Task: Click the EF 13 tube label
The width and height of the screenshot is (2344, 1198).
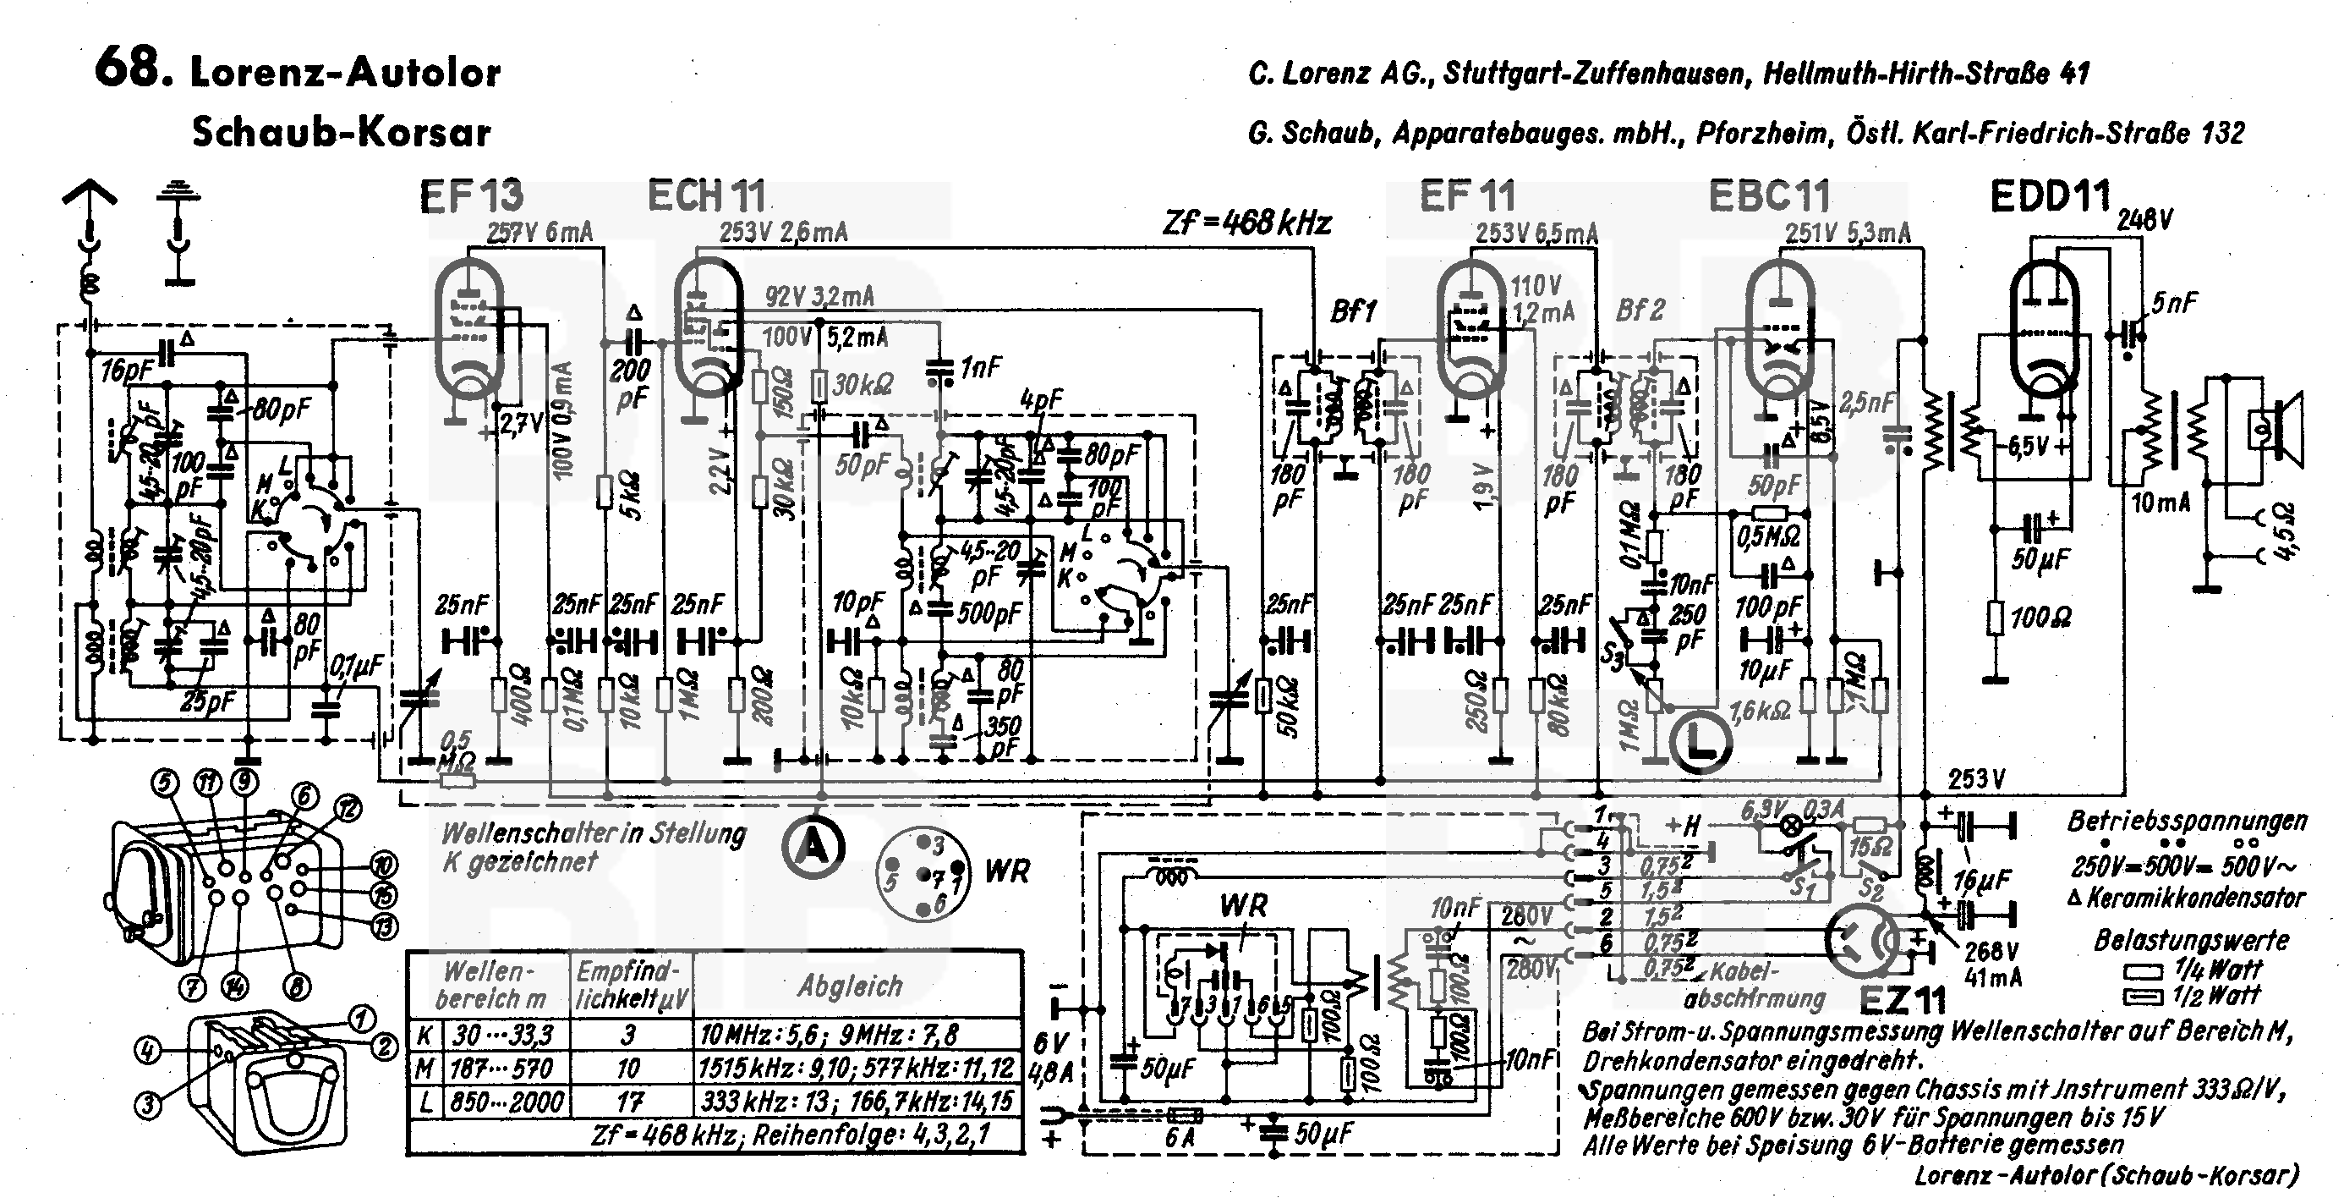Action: (471, 195)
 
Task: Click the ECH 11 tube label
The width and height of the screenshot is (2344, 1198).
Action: (706, 195)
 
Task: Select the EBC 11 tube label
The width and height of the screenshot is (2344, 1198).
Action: (1768, 195)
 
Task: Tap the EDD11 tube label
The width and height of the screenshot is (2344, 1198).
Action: (2049, 195)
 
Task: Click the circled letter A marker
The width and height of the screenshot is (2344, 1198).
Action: (813, 848)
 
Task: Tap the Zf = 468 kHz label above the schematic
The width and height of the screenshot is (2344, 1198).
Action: (1246, 223)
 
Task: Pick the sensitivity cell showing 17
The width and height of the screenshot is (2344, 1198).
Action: (630, 1102)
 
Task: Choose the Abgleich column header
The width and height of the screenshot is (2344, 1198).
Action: (850, 985)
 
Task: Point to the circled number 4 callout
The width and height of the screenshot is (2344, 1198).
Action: (148, 1052)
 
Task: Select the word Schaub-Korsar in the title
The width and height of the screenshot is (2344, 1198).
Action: (342, 133)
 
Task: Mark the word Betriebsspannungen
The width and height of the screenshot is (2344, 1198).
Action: (2187, 822)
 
